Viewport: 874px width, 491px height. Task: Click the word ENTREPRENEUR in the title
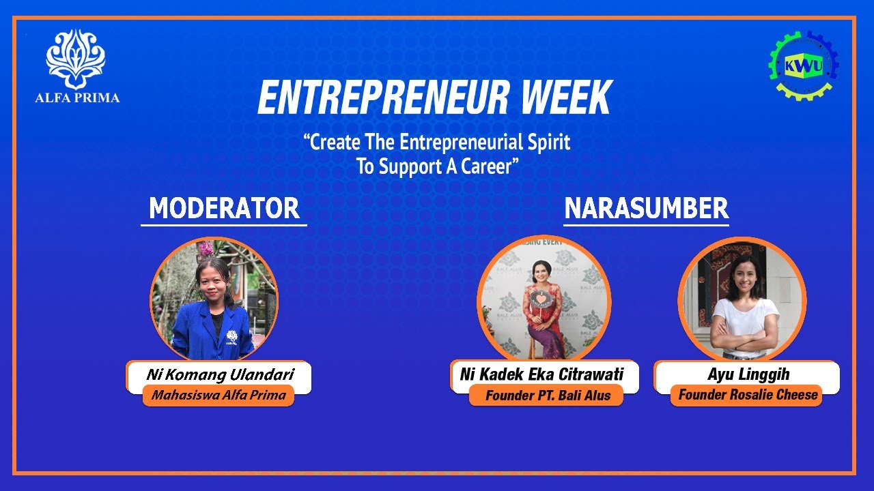pyautogui.click(x=382, y=98)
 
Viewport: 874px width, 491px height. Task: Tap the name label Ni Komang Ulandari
pyautogui.click(x=219, y=374)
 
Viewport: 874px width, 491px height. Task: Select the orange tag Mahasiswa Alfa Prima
pyautogui.click(x=218, y=395)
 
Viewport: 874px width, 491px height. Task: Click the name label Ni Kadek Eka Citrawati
pyautogui.click(x=541, y=374)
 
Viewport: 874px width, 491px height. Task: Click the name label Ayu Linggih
pyautogui.click(x=748, y=374)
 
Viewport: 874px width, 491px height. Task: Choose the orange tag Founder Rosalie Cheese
pyautogui.click(x=748, y=395)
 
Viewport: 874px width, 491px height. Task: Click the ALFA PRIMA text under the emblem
pyautogui.click(x=77, y=98)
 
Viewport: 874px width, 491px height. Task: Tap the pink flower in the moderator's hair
pyautogui.click(x=206, y=250)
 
